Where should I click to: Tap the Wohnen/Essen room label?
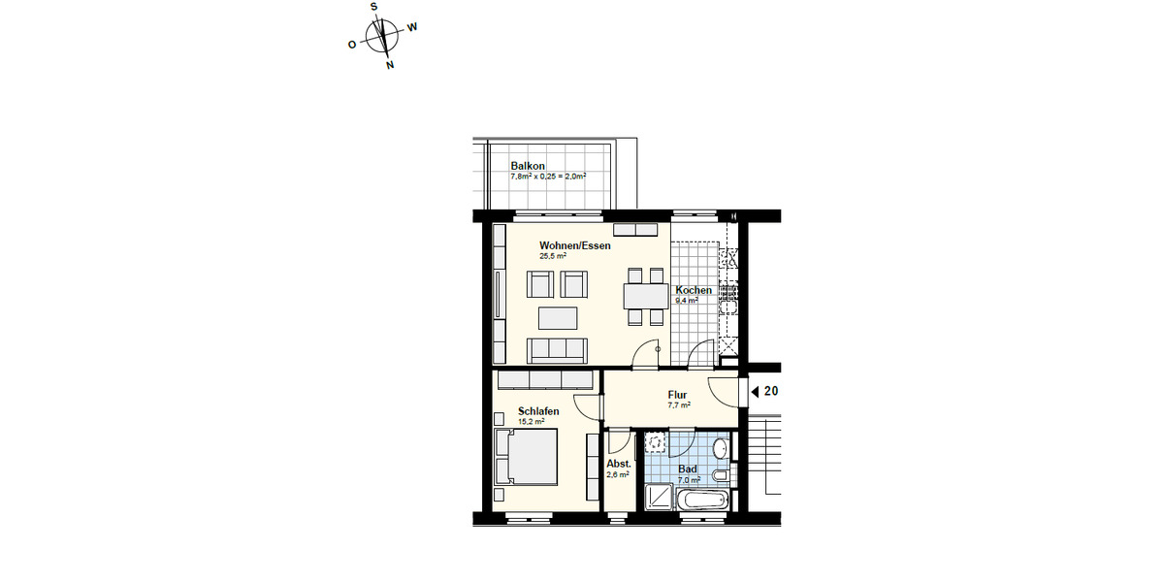(575, 246)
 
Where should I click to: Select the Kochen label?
(694, 290)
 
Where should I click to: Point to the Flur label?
(678, 395)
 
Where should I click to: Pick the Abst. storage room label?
(619, 465)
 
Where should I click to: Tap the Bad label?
(688, 469)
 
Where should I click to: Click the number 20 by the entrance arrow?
(771, 392)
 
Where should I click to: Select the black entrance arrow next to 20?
(755, 392)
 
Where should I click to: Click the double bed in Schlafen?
(527, 457)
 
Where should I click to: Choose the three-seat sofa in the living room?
(557, 349)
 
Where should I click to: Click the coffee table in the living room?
(557, 317)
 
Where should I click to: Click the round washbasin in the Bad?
(719, 448)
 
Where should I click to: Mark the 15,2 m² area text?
(531, 422)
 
